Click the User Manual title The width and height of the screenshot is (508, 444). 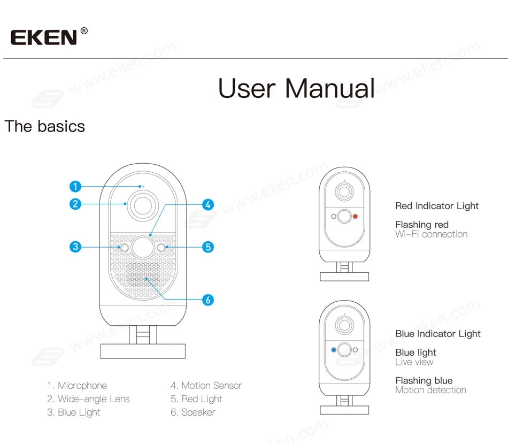tap(296, 88)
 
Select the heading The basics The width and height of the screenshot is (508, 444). tap(45, 126)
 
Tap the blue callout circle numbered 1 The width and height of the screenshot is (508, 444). tap(75, 186)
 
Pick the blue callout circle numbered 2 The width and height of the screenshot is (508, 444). tap(75, 203)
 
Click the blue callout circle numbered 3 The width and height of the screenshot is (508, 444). tap(75, 247)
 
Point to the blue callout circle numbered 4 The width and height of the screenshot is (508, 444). tap(208, 204)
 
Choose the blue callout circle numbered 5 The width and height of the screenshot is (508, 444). tap(208, 247)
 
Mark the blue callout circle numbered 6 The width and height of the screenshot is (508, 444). tap(208, 300)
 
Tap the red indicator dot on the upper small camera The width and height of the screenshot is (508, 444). tap(355, 217)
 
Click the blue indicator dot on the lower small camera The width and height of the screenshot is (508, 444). tap(334, 350)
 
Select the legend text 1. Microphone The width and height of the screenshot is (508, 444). tap(77, 386)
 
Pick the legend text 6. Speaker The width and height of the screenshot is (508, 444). tap(193, 412)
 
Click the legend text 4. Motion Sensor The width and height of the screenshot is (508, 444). tap(206, 386)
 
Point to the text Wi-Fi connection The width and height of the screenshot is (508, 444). tap(431, 234)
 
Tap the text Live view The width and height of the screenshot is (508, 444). tap(414, 362)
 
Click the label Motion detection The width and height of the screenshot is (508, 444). tap(430, 390)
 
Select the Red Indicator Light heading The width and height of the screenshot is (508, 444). tap(437, 206)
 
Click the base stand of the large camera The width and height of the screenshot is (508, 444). tap(143, 351)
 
